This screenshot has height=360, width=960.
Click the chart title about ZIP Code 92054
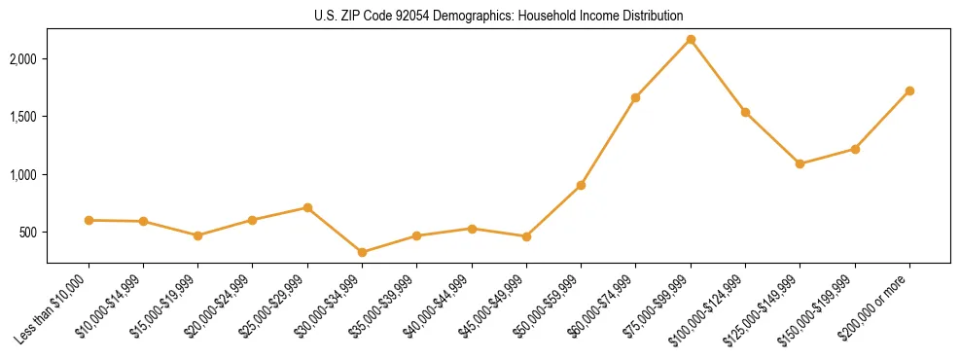[x=499, y=16]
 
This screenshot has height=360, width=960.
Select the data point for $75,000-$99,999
[x=691, y=40]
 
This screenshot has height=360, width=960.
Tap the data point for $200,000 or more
[x=909, y=90]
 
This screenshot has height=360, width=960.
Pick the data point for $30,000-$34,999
[x=362, y=252]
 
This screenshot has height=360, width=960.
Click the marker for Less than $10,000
[x=89, y=220]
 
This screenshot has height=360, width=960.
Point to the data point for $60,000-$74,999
[x=635, y=97]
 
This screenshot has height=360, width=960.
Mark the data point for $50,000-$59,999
[x=581, y=185]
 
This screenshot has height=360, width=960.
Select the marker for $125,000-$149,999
[x=800, y=163]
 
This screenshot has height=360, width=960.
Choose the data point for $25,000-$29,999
[x=307, y=207]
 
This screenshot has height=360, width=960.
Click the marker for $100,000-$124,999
[x=745, y=112]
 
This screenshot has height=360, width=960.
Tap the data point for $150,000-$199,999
[x=855, y=149]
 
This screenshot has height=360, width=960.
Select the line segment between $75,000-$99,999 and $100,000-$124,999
[x=718, y=76]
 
